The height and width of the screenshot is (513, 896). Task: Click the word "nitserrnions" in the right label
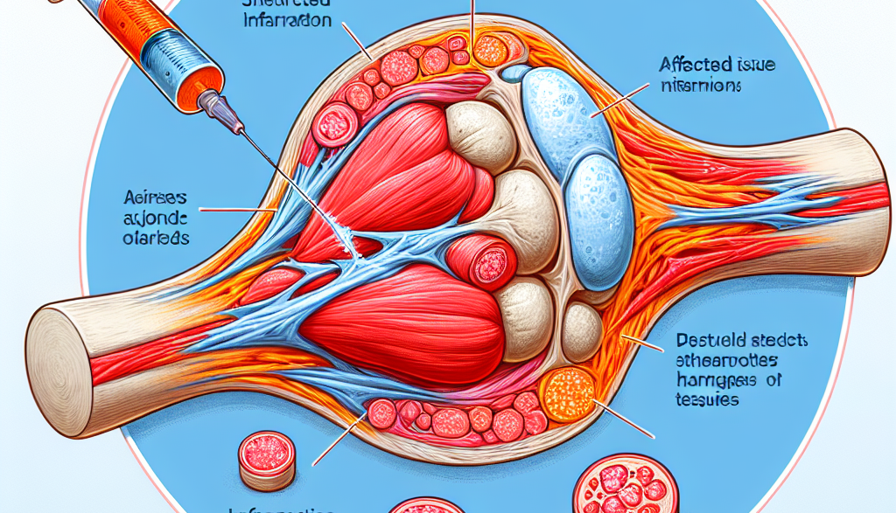(700, 87)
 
